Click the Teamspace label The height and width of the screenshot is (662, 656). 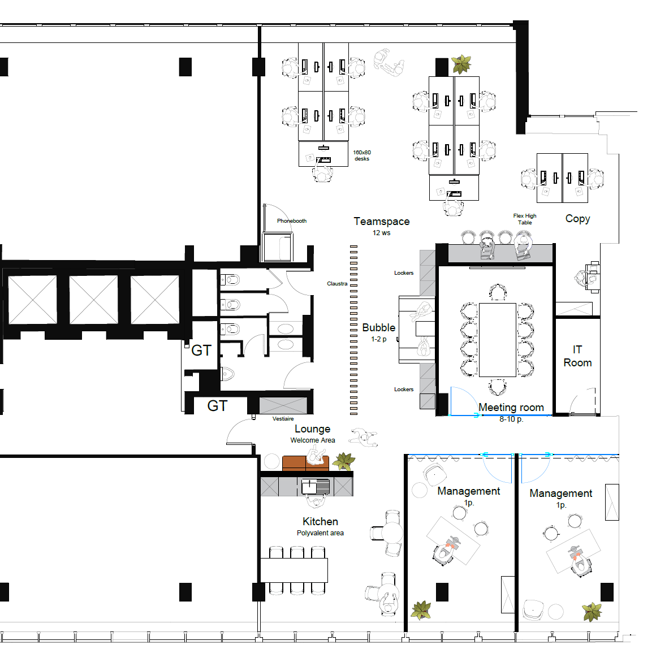tap(381, 221)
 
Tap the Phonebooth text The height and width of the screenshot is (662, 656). tap(291, 221)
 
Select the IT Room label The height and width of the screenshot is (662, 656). tap(577, 356)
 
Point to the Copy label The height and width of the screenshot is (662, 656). tap(577, 219)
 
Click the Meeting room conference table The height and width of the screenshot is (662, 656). tap(498, 339)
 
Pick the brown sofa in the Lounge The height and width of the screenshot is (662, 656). tap(305, 463)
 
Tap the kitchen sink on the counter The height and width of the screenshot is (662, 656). tap(316, 486)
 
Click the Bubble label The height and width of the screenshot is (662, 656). tap(378, 328)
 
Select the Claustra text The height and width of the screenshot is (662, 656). tap(337, 284)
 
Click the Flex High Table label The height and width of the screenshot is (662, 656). tap(525, 219)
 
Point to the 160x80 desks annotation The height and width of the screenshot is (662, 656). tap(362, 155)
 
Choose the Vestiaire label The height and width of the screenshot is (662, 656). tap(283, 419)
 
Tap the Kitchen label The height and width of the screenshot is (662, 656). tap(320, 521)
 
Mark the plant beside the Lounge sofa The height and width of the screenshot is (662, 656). tap(344, 461)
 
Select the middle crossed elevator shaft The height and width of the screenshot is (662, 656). tap(93, 299)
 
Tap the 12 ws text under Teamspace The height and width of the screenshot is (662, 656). tap(381, 232)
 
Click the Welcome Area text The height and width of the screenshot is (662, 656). tap(313, 440)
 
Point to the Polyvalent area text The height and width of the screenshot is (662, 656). tap(320, 533)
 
